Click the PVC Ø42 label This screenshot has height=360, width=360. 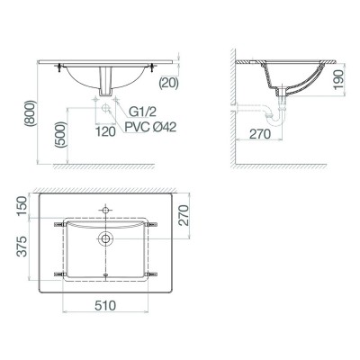(149, 130)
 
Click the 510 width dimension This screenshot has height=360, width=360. (106, 306)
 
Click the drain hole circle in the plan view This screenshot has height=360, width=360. (107, 238)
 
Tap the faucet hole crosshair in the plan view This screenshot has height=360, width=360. (107, 210)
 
